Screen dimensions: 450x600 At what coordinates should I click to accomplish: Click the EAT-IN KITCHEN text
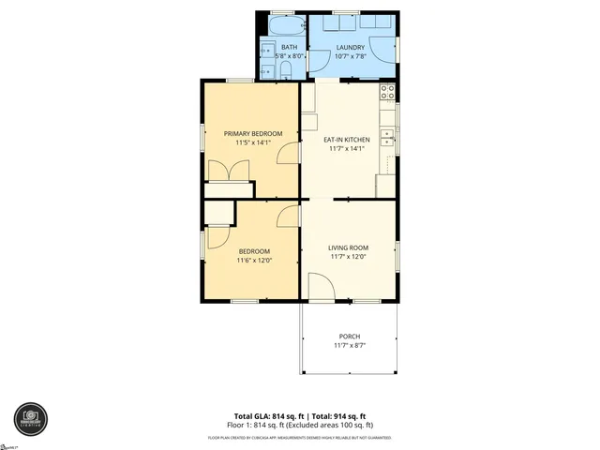click(x=347, y=139)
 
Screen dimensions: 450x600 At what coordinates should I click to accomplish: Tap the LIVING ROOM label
click(x=347, y=247)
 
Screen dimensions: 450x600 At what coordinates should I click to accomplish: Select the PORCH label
click(x=348, y=337)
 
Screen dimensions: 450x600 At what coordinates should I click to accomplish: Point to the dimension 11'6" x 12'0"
click(x=254, y=260)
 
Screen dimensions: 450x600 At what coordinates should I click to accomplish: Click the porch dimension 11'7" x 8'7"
click(x=348, y=346)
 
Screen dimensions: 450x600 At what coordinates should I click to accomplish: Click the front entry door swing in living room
click(x=320, y=286)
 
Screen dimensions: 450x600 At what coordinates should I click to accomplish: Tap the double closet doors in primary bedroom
click(x=229, y=171)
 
